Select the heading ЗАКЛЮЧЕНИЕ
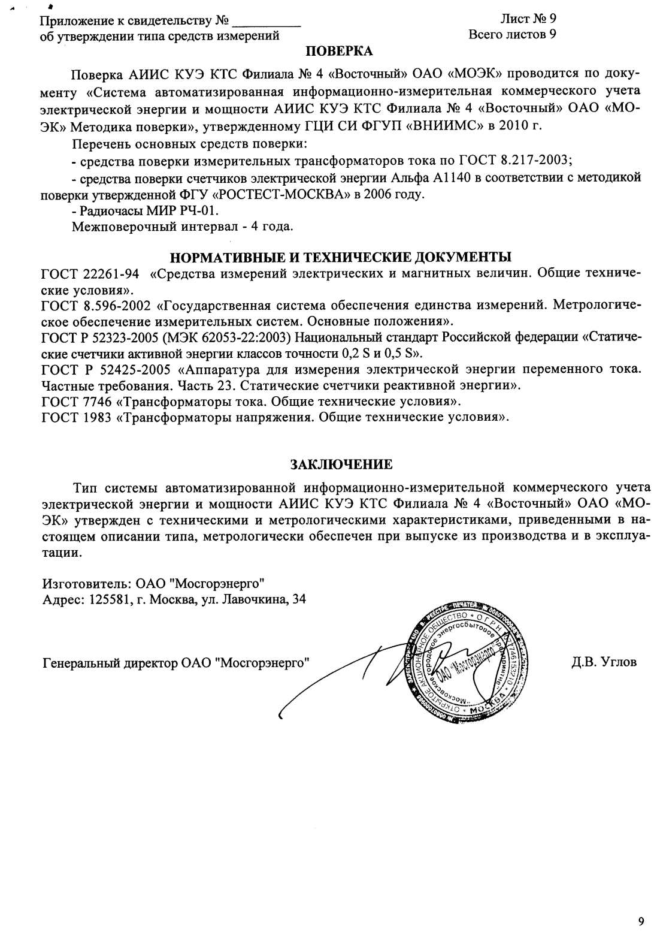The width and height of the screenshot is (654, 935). (x=341, y=465)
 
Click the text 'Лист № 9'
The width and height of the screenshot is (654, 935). (x=528, y=20)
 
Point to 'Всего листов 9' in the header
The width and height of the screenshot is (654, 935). (x=512, y=35)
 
